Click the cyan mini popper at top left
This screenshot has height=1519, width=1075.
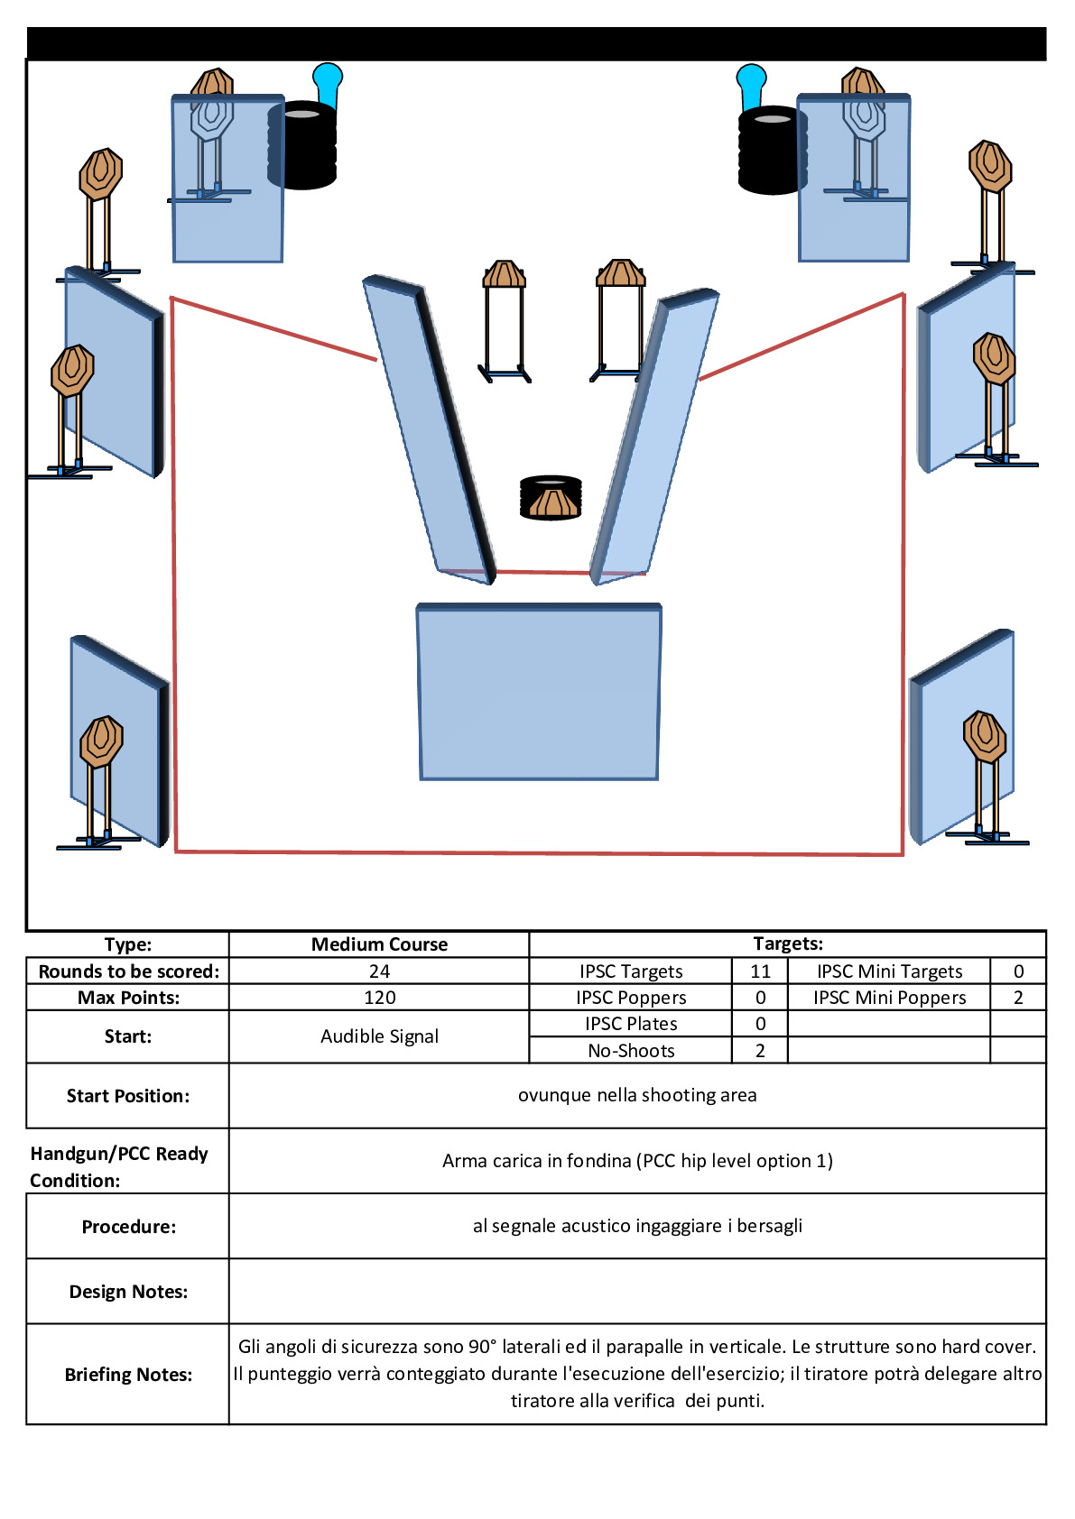coord(327,84)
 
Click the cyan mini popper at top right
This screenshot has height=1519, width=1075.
coord(751,86)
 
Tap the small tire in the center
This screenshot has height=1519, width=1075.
coord(551,497)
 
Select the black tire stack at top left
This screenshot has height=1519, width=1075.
coord(302,145)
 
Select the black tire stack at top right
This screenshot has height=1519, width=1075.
coord(773,150)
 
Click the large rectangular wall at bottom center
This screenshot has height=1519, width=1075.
coord(539,692)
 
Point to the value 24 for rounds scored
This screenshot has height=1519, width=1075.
coord(379,971)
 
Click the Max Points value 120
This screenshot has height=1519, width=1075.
coord(379,998)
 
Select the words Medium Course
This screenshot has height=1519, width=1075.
coord(379,944)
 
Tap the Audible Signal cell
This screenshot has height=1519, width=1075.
coord(379,1036)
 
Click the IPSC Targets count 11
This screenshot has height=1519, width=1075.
coord(760,971)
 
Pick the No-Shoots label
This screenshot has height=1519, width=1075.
coord(631,1051)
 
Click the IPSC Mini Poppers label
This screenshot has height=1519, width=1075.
coord(890,998)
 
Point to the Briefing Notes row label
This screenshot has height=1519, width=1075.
coord(128,1375)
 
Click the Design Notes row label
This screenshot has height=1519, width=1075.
coord(128,1292)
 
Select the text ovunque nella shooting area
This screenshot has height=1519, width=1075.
coord(637,1095)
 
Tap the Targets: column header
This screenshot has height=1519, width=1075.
coord(788,944)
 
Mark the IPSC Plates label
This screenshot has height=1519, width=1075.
coord(631,1023)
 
